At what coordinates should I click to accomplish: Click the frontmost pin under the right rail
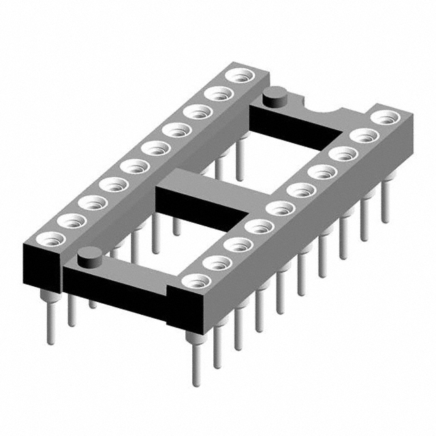coord(196,354)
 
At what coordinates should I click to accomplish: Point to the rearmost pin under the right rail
coord(386,204)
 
